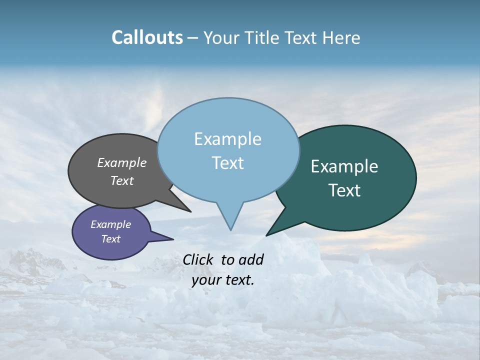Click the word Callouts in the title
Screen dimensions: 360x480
147,37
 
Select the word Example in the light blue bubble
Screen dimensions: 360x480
227,138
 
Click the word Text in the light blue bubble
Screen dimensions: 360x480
227,162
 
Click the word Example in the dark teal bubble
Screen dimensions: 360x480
344,166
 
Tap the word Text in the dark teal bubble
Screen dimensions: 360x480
344,190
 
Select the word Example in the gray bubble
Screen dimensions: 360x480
122,162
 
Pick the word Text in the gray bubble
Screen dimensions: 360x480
122,180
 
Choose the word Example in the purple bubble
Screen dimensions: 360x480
111,224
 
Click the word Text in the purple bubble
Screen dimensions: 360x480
111,239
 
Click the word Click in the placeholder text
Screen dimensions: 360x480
199,259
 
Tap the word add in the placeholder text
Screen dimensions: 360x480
250,259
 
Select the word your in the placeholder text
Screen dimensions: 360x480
206,280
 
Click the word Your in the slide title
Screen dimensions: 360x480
222,37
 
